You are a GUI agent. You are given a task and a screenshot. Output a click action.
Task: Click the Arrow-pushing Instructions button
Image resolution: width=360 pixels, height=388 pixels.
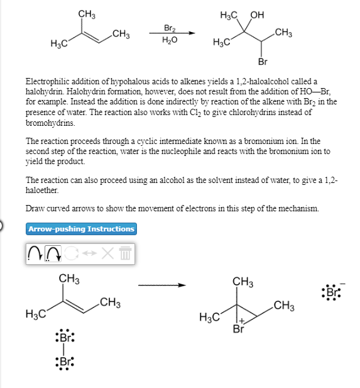(82, 229)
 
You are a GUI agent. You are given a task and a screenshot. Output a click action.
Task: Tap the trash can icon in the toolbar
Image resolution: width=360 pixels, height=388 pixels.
(125, 253)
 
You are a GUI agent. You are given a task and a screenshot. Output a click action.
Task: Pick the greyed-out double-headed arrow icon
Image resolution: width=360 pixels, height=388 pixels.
(89, 253)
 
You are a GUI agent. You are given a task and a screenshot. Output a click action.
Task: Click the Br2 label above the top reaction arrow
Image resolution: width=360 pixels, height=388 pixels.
(170, 28)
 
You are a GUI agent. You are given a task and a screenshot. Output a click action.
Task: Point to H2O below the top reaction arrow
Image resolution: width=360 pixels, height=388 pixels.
(170, 40)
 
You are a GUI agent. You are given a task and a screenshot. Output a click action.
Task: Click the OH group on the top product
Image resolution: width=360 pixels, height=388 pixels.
(258, 14)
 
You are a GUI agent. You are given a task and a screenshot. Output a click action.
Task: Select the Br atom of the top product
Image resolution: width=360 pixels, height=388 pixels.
(263, 62)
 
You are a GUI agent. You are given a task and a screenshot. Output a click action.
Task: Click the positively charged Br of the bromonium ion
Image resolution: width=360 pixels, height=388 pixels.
(238, 328)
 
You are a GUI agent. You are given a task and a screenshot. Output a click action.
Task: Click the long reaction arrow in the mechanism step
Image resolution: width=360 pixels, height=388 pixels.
(162, 285)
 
